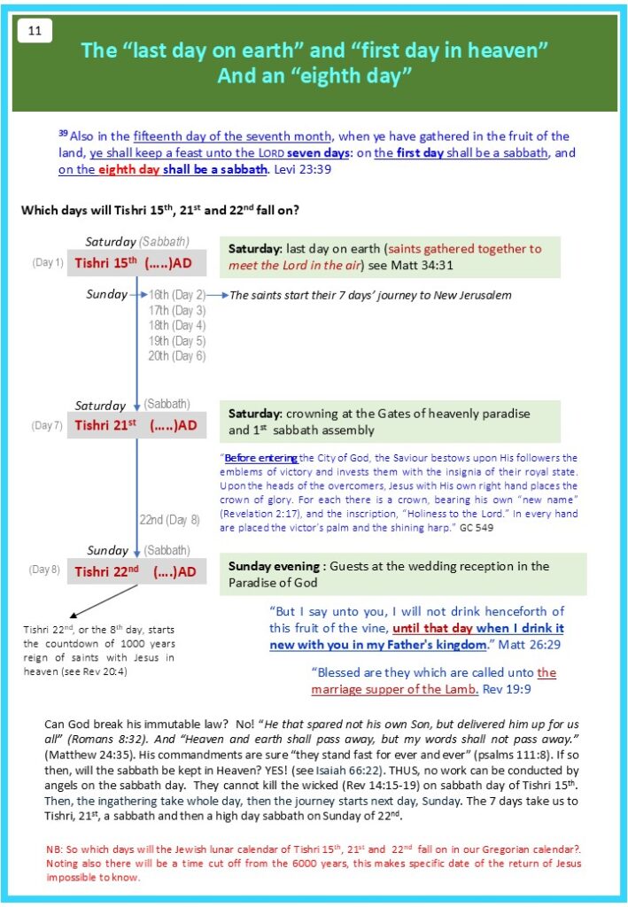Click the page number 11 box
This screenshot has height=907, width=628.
click(34, 30)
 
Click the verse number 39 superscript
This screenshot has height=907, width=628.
click(62, 133)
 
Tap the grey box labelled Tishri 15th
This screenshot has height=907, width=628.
click(136, 263)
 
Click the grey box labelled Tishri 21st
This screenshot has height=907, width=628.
click(136, 425)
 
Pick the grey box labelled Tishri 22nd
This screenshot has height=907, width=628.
click(136, 571)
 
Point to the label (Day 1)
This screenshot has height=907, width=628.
click(47, 263)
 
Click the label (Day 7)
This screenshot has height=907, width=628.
click(47, 426)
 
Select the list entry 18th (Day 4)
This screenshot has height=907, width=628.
click(177, 325)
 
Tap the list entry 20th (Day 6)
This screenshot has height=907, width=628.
click(177, 355)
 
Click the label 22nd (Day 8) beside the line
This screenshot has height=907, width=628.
click(170, 520)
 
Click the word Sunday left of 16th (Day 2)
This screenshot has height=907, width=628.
click(106, 295)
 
